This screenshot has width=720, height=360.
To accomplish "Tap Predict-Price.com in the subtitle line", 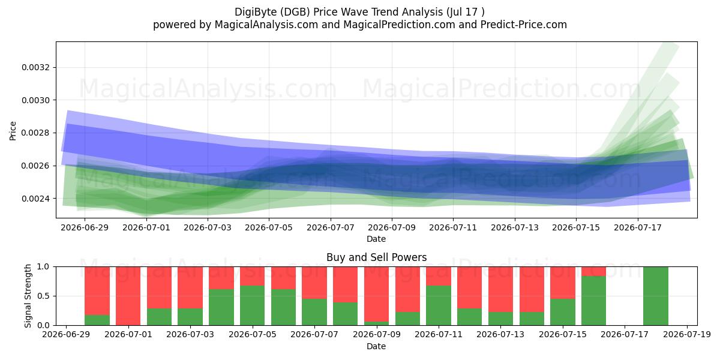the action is click(524, 25).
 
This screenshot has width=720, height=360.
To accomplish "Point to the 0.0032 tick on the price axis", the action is click(35, 67).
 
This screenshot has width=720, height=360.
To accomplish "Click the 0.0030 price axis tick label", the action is click(35, 100).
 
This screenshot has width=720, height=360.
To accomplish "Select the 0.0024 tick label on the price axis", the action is click(35, 199).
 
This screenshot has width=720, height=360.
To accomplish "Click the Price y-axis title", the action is click(13, 131).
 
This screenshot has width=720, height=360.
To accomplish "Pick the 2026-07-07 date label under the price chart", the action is click(331, 227).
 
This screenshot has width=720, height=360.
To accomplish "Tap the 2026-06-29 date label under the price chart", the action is click(85, 227).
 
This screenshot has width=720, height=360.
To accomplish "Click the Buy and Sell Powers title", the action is click(376, 257).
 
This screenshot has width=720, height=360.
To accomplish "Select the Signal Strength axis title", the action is click(28, 296).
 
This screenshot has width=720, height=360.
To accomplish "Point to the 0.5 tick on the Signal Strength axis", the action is click(43, 296).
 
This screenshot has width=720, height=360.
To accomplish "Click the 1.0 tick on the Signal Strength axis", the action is click(43, 266).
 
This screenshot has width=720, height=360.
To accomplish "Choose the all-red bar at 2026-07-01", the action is click(128, 296).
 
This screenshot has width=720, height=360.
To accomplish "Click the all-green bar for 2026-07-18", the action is click(656, 296).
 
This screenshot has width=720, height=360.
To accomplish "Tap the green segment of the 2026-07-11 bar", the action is click(439, 305).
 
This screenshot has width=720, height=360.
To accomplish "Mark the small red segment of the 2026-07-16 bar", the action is click(593, 271).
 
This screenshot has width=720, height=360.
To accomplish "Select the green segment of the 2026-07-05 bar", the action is click(253, 305).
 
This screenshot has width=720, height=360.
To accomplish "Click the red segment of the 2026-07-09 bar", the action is click(376, 294).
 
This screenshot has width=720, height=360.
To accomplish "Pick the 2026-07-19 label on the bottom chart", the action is click(687, 335).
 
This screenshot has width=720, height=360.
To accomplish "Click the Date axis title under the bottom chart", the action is click(376, 346).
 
